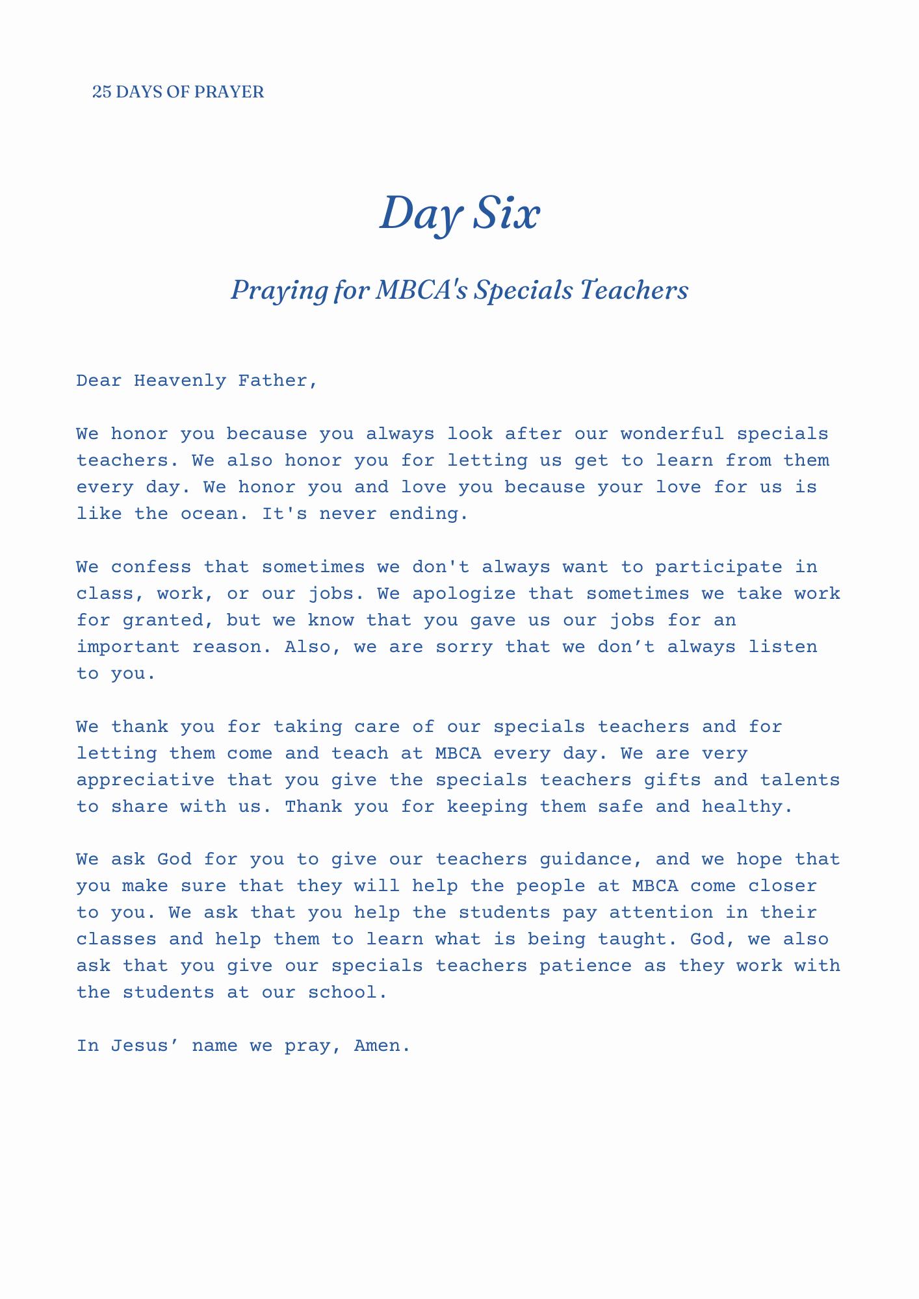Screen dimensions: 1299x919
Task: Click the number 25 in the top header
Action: click(101, 92)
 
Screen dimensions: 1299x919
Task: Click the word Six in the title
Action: click(506, 214)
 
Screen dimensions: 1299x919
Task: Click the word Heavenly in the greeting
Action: click(179, 381)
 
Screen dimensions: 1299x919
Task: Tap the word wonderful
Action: click(672, 434)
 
